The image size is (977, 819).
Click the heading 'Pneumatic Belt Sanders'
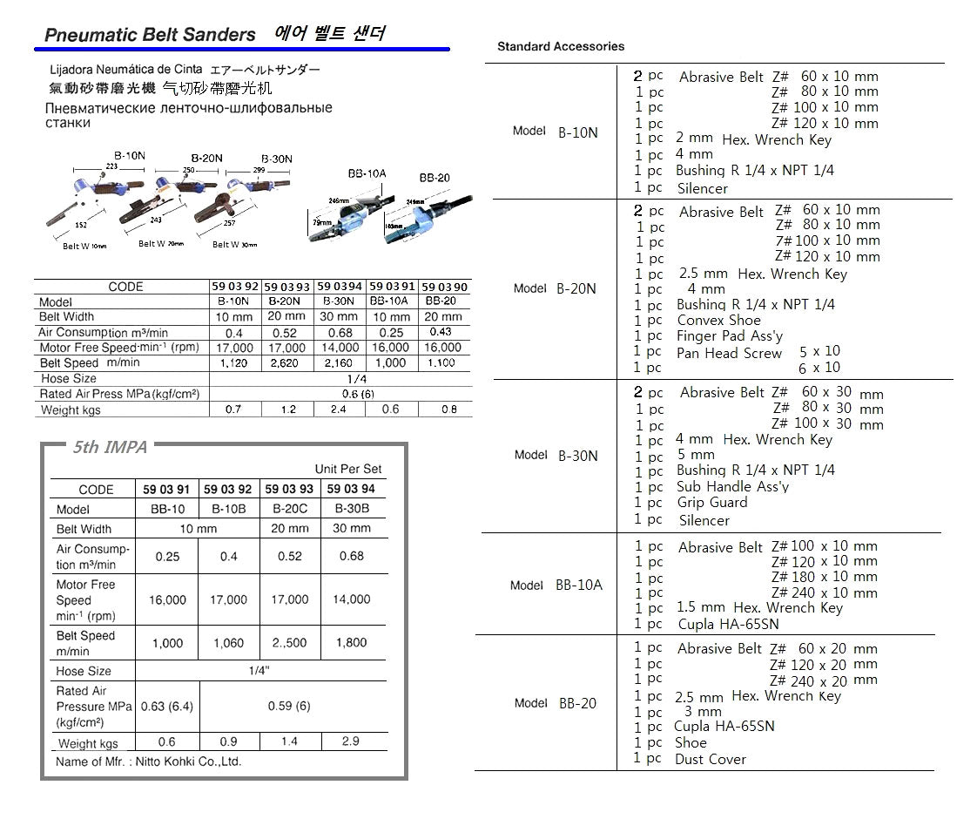[x=150, y=35]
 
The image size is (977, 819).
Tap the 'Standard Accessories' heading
[x=560, y=46]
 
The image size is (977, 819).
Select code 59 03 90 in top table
[x=444, y=287]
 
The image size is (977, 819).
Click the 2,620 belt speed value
[x=286, y=363]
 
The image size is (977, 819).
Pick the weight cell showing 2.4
[x=339, y=409]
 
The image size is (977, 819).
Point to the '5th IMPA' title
[x=110, y=448]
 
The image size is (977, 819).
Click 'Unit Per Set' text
[x=348, y=469]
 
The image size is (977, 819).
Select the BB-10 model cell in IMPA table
[x=167, y=510]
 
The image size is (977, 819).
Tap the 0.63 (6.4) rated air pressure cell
[x=167, y=706]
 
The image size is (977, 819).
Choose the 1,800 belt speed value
[x=351, y=643]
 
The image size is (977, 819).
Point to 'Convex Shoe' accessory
[x=718, y=321]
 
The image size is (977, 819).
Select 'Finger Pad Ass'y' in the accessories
[x=730, y=336]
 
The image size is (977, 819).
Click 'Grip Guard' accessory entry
[x=711, y=503]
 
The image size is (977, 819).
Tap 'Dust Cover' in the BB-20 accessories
[x=710, y=760]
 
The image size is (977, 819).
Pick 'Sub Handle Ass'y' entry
[x=732, y=487]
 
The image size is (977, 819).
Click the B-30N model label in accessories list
[x=577, y=455]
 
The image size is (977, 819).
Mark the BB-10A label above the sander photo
[x=367, y=174]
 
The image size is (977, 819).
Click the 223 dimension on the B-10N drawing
[x=111, y=166]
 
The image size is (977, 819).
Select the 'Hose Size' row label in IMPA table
[x=84, y=671]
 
